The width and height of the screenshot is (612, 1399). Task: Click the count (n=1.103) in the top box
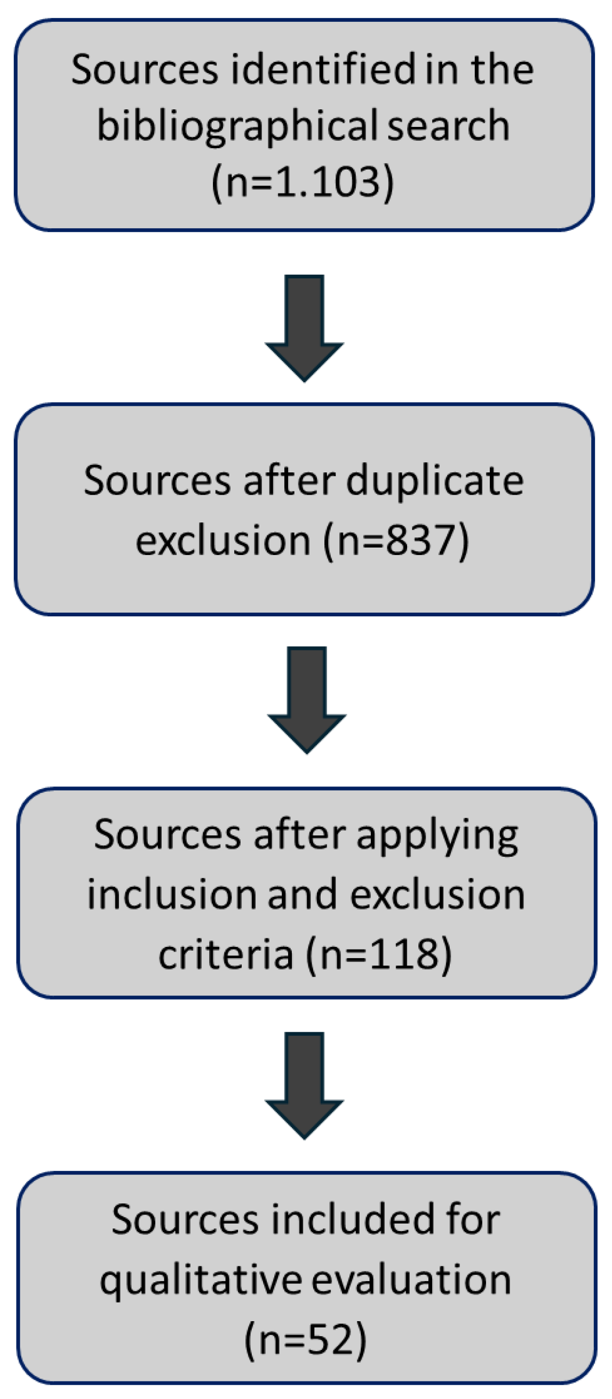click(303, 182)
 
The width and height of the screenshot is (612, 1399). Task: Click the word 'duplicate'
click(434, 481)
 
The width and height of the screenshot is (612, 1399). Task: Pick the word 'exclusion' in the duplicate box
click(223, 541)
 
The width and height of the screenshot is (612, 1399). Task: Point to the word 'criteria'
click(226, 954)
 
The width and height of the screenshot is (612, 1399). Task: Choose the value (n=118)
click(379, 954)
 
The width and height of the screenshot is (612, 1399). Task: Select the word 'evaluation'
click(411, 1280)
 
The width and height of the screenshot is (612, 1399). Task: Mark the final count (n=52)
click(305, 1340)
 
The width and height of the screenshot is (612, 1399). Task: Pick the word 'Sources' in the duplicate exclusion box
click(157, 481)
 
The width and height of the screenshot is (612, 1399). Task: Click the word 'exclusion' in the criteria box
click(437, 895)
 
